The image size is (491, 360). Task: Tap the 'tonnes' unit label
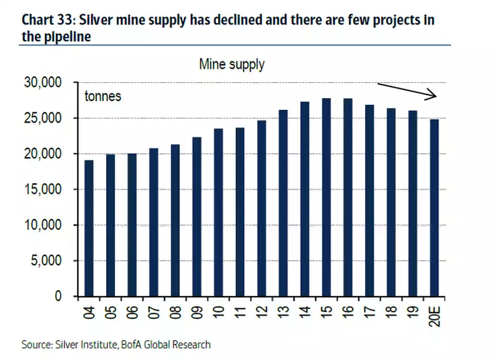(103, 97)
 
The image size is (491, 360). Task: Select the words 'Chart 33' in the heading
(44, 19)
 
